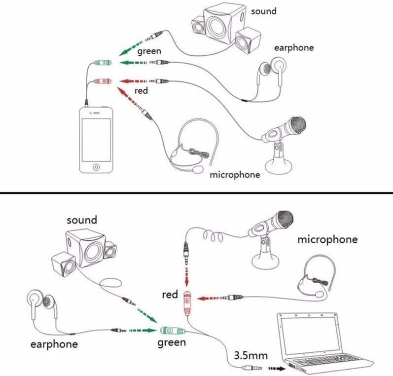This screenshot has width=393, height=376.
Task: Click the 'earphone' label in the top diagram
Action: pos(294,48)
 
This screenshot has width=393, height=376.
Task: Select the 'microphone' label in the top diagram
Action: pos(235,175)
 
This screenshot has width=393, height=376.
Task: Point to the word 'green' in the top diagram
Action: pos(149,51)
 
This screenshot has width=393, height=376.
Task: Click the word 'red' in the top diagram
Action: pos(141,91)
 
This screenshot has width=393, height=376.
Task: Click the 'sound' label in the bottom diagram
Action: pos(82,220)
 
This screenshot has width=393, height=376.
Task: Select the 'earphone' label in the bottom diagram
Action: pos(54,344)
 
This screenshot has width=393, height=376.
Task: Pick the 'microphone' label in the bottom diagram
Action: pos(327,240)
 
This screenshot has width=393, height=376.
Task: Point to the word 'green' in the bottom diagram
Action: pos(172,342)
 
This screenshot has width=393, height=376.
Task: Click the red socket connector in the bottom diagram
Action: pos(187,302)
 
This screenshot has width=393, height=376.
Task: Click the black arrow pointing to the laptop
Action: pos(276,368)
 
